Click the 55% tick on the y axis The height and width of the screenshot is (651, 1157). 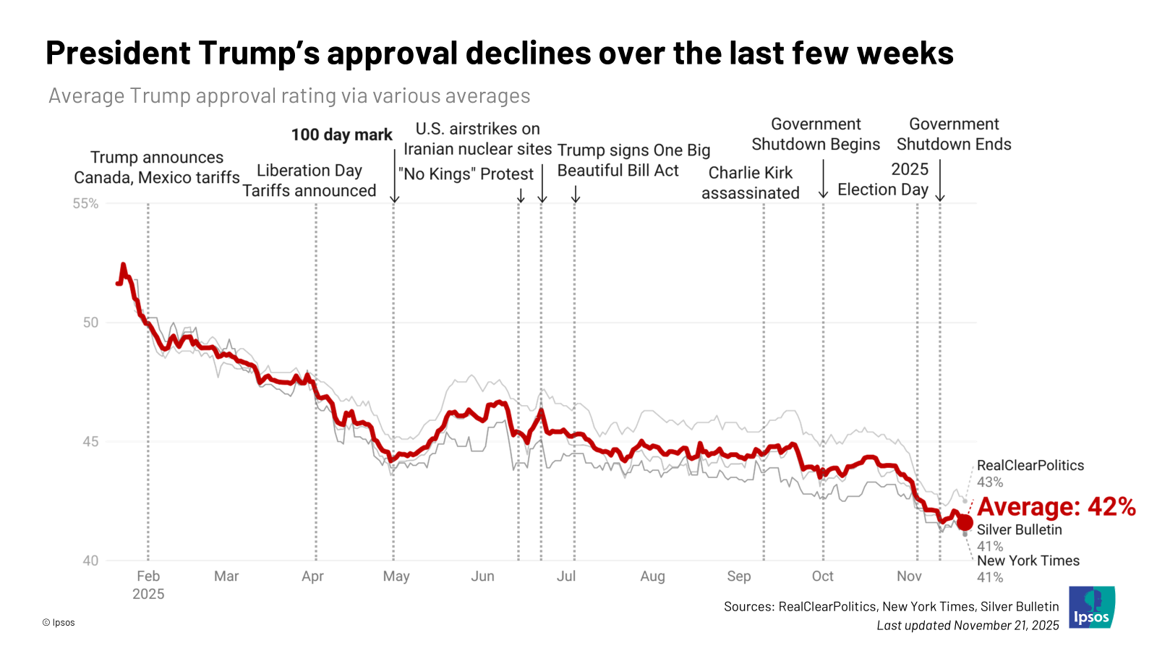[85, 204]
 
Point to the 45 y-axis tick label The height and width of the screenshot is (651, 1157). [90, 442]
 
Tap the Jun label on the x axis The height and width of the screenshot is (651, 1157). [482, 576]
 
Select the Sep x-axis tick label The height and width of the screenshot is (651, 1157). [738, 576]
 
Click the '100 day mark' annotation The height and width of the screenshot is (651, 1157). [341, 135]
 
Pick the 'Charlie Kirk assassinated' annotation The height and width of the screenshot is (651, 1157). [751, 183]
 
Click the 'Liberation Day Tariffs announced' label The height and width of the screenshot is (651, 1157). [309, 181]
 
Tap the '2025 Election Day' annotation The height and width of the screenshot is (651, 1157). [883, 179]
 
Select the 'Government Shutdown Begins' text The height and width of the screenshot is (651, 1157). [816, 135]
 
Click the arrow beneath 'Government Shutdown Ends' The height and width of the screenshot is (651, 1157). [940, 181]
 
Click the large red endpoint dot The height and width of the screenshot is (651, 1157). [965, 523]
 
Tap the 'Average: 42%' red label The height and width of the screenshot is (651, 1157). [1056, 507]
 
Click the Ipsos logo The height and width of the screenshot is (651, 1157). [1092, 607]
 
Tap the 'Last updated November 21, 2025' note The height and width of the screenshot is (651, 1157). [968, 626]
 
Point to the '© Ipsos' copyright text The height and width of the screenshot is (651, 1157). [59, 623]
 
